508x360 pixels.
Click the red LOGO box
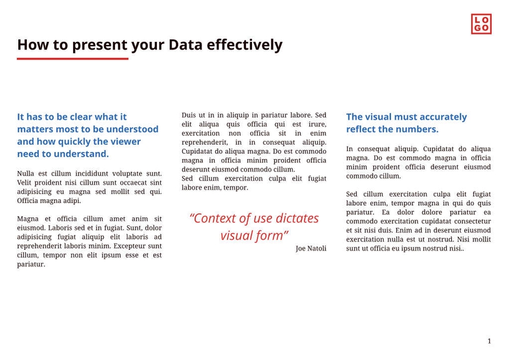click(x=481, y=24)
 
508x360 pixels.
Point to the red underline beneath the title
click(x=73, y=59)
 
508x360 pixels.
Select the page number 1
click(x=489, y=341)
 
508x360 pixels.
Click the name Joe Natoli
click(x=311, y=249)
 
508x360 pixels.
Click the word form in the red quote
click(x=270, y=235)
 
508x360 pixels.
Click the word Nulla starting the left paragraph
click(x=26, y=173)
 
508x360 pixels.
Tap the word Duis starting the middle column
click(x=190, y=115)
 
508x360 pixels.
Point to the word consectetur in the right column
click(x=469, y=222)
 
